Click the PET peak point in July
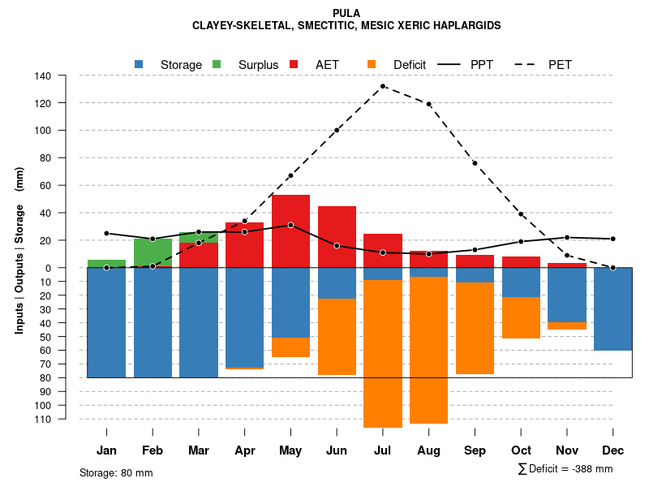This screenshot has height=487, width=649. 383,86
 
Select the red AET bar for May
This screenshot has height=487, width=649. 290,231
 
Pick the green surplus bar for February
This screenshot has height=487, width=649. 153,252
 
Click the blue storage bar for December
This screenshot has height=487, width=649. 612,309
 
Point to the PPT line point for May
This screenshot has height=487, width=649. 290,225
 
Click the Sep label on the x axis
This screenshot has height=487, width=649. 475,450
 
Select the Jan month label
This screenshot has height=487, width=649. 106,450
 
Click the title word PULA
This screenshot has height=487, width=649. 346,13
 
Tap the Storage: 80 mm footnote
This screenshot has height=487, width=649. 116,472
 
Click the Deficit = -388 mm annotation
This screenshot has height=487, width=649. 565,469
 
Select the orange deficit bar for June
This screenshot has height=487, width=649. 337,337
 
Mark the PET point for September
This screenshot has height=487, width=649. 475,163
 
